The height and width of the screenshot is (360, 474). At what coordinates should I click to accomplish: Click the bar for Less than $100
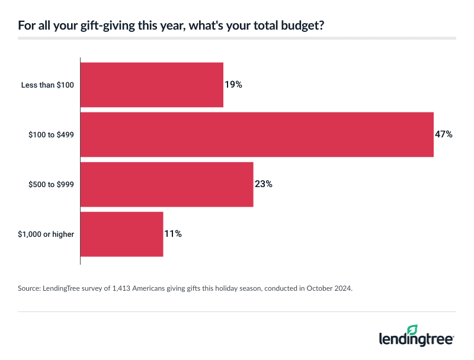point(152,85)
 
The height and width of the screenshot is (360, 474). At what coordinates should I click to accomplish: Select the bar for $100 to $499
point(257,134)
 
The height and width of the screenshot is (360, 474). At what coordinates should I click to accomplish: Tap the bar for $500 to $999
point(166,184)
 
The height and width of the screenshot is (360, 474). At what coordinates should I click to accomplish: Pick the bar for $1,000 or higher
point(121,234)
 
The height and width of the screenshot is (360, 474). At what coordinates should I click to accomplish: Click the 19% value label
point(233,85)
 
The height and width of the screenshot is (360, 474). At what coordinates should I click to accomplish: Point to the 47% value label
point(444,134)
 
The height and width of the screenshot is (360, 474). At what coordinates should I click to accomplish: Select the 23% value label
point(264,184)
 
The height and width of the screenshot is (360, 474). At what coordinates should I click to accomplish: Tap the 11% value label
point(173,234)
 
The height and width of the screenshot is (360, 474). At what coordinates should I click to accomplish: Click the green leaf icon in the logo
point(412,330)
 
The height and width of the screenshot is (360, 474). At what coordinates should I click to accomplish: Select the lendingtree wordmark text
point(416,340)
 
